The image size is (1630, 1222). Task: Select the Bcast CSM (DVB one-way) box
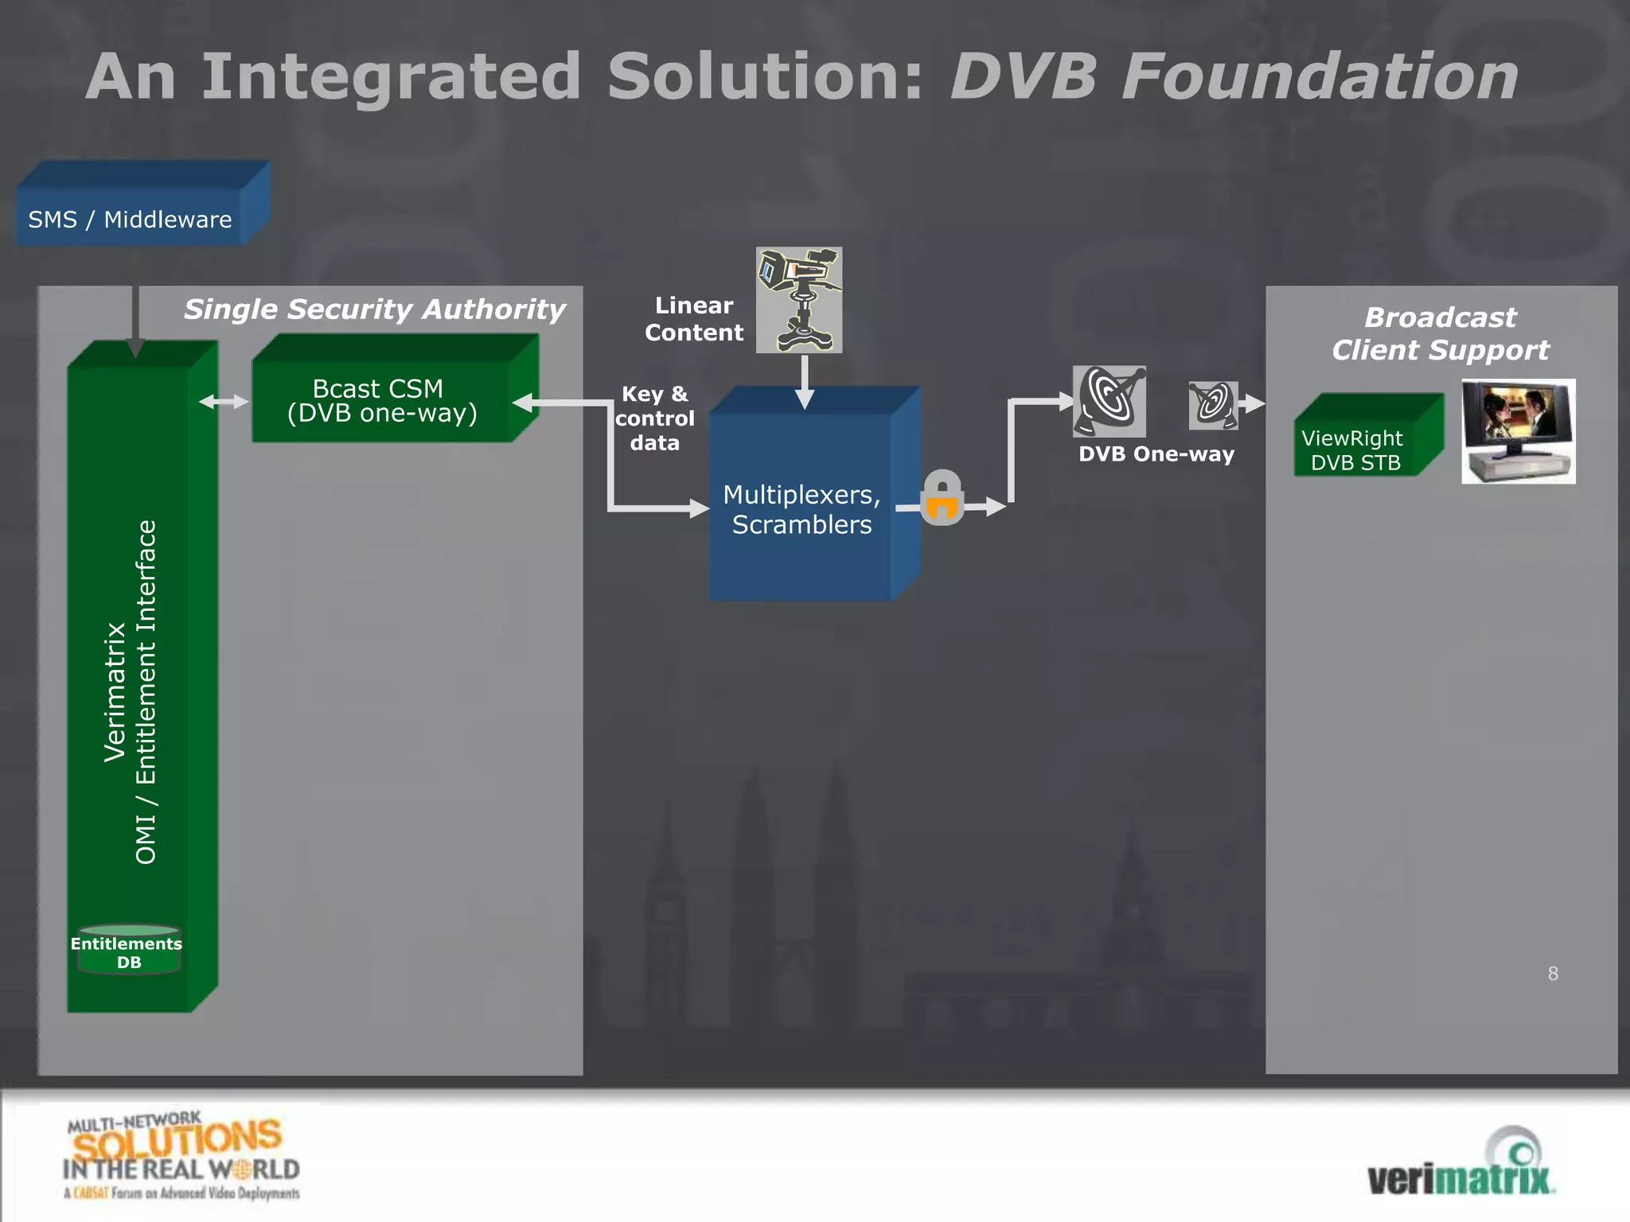(381, 400)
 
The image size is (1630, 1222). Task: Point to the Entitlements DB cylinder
(129, 952)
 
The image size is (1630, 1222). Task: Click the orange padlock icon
(942, 498)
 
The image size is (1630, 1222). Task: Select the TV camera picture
(799, 300)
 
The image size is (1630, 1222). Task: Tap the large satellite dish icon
(1109, 401)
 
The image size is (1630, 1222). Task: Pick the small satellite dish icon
(1213, 405)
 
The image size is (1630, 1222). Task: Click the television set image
(1518, 430)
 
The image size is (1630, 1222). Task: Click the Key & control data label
(655, 418)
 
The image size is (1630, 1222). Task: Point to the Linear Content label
(694, 319)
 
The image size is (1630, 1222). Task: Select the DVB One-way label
(1156, 454)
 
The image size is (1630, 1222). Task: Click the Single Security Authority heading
(374, 309)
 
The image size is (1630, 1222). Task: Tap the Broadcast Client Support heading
(1441, 333)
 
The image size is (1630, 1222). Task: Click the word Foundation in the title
(1320, 76)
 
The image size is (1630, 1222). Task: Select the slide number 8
(1553, 974)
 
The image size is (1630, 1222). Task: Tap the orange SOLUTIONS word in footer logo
(177, 1140)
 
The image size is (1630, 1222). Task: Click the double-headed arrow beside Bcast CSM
(224, 402)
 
